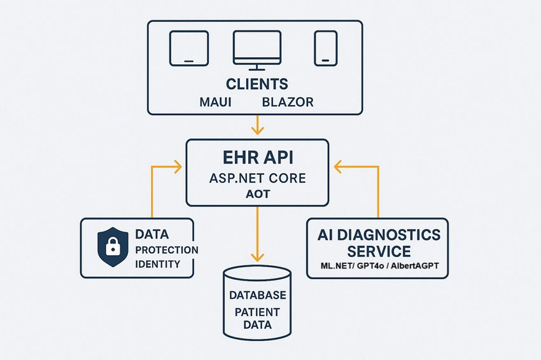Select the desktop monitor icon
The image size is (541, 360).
click(256, 50)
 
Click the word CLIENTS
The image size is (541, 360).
click(257, 84)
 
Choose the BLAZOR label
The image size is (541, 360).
click(288, 102)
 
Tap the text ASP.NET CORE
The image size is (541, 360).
click(257, 179)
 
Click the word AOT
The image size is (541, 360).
click(257, 195)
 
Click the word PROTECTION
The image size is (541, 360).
click(167, 249)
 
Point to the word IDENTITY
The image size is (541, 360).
click(157, 264)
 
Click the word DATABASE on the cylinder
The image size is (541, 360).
click(257, 296)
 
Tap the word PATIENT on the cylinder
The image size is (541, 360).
click(257, 312)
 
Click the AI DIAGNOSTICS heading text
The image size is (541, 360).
click(378, 235)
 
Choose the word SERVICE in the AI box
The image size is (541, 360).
click(378, 251)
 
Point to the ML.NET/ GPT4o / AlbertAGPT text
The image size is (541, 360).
click(378, 266)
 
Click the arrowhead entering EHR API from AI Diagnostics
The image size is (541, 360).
click(339, 167)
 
